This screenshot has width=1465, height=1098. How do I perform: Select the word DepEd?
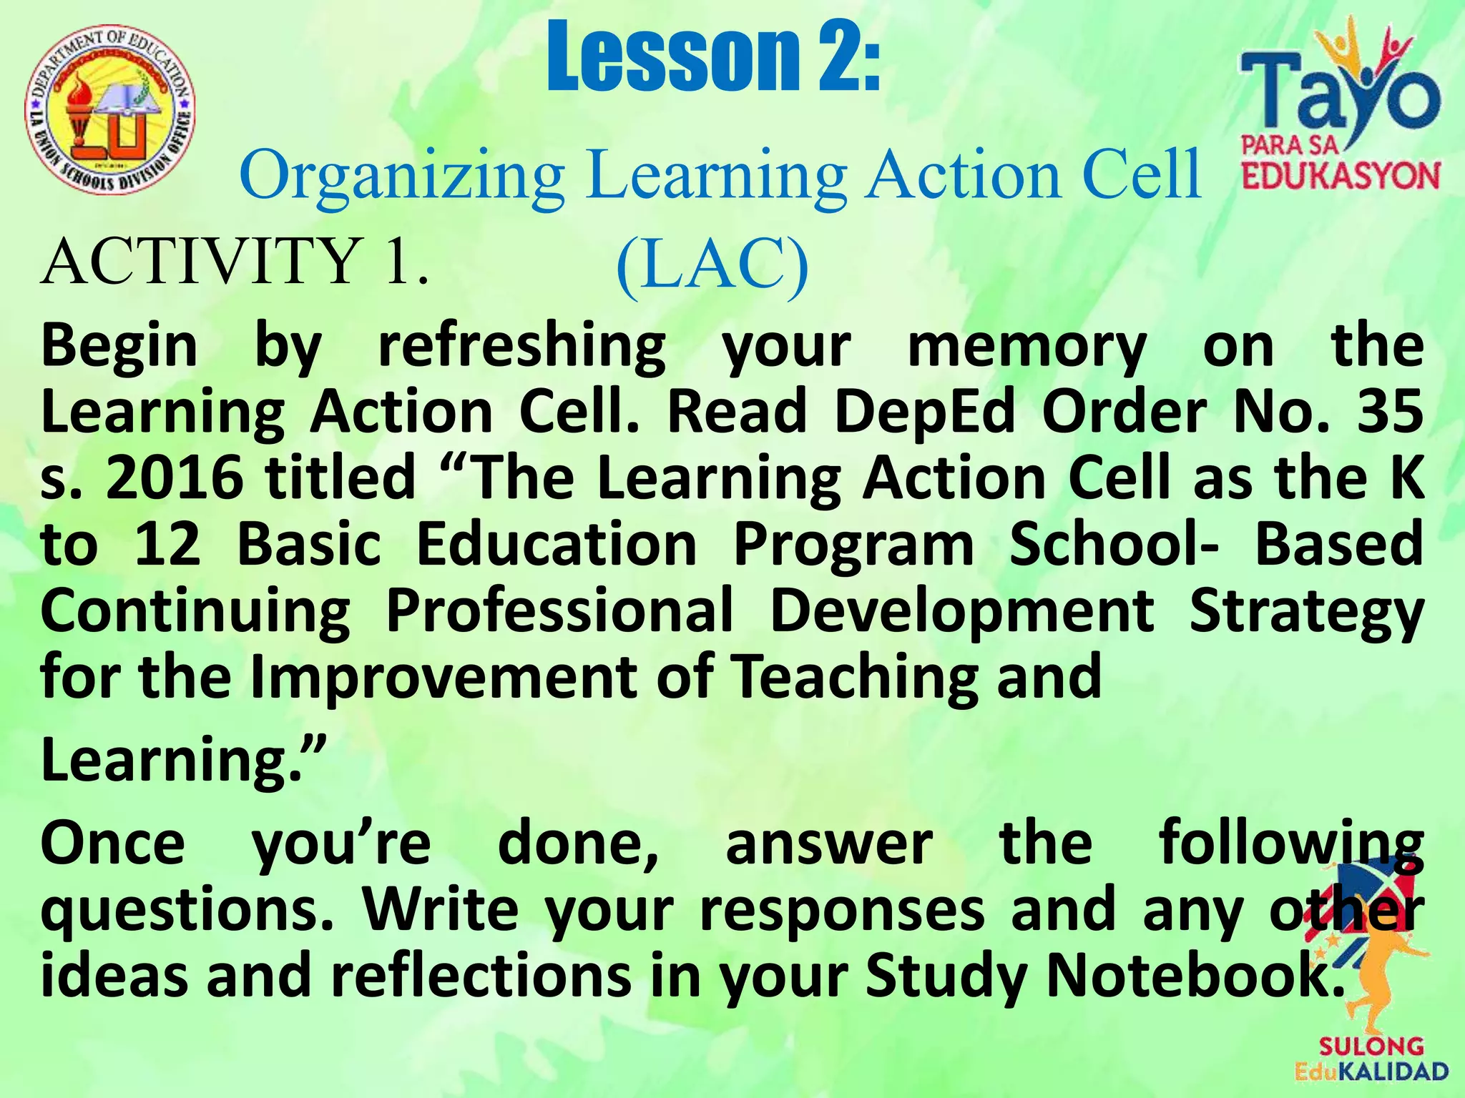(924, 412)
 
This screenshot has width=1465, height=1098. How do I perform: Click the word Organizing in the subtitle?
(402, 176)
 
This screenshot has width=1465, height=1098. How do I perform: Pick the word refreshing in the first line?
(522, 346)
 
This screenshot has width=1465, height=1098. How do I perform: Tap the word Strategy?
(1305, 612)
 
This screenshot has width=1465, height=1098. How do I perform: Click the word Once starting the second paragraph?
(113, 844)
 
